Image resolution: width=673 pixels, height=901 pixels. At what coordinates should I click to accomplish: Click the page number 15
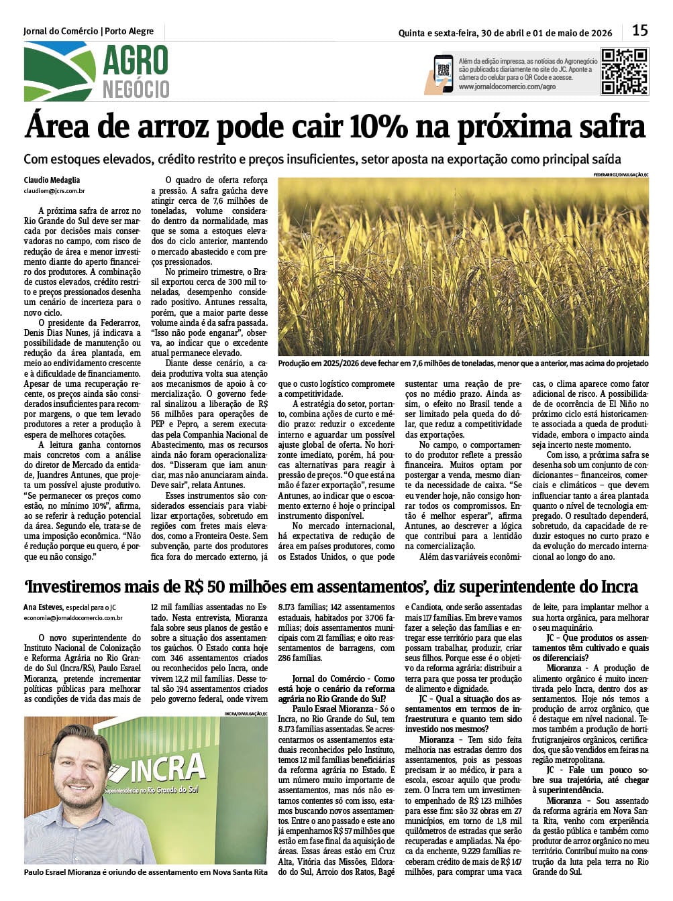pyautogui.click(x=639, y=30)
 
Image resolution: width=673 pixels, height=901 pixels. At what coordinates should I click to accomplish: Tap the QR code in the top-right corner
pyautogui.click(x=624, y=70)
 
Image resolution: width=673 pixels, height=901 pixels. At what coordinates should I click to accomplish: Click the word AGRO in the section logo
pyautogui.click(x=135, y=62)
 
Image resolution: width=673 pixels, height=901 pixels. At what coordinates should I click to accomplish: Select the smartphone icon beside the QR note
pyautogui.click(x=442, y=72)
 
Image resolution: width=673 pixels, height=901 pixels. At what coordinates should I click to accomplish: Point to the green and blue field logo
pyautogui.click(x=59, y=72)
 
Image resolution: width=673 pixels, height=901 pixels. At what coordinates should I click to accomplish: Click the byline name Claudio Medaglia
pyautogui.click(x=52, y=180)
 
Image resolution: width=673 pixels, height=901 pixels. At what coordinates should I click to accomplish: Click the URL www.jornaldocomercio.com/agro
pyautogui.click(x=507, y=87)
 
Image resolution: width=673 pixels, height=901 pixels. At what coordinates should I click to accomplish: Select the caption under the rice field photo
pyautogui.click(x=463, y=363)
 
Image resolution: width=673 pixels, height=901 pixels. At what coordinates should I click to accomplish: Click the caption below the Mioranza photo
pyautogui.click(x=145, y=872)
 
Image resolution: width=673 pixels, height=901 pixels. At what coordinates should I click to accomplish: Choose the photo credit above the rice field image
pyautogui.click(x=621, y=175)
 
